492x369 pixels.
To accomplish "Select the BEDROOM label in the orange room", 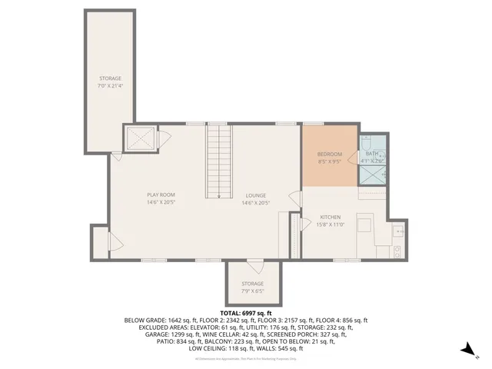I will point(330,154).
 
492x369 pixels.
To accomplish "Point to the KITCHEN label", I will point(330,218).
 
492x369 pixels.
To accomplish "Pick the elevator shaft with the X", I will point(139,140).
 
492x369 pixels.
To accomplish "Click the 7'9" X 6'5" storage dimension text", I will point(252,291).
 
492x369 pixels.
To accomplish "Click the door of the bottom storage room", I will point(254,266).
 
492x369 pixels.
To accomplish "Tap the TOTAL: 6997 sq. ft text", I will point(246,314).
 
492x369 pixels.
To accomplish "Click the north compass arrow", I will point(466,349).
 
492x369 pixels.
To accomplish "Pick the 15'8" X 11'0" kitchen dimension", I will point(330,224).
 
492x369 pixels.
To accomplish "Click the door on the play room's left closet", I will point(116,243).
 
